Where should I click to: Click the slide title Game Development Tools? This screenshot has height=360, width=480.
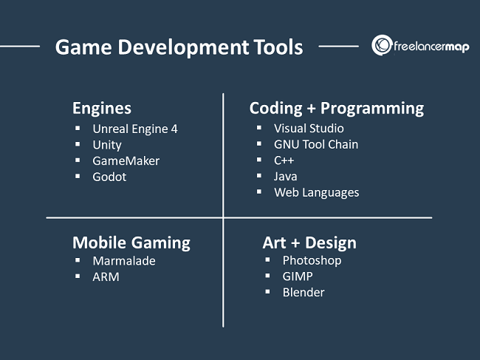tap(179, 47)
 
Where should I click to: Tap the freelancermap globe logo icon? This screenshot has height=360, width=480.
tap(382, 45)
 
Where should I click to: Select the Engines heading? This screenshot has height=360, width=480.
tap(102, 108)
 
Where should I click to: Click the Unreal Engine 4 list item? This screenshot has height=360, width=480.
tap(135, 129)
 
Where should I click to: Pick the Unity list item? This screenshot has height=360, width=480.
tap(107, 145)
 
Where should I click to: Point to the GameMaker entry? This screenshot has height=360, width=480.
tap(126, 161)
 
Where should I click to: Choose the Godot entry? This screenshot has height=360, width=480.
tap(109, 177)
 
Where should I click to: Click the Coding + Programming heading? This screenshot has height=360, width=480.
tap(337, 108)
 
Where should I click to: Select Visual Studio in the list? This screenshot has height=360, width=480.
tap(309, 129)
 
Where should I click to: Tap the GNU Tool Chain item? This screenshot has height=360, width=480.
tap(316, 144)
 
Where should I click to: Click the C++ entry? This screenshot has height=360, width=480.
tap(284, 160)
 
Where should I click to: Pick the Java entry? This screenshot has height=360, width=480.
tap(285, 176)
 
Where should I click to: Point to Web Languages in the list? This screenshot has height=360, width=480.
tap(317, 192)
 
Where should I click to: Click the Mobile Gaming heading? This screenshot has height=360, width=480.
tap(131, 243)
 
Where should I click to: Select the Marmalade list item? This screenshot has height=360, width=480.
tap(124, 261)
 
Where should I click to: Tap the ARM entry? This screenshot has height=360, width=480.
tap(106, 276)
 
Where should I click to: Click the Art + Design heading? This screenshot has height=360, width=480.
tap(309, 243)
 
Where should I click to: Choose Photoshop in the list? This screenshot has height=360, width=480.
tap(312, 260)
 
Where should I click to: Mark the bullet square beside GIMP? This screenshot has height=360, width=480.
tap(267, 276)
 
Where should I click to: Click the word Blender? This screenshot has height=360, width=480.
tap(304, 292)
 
